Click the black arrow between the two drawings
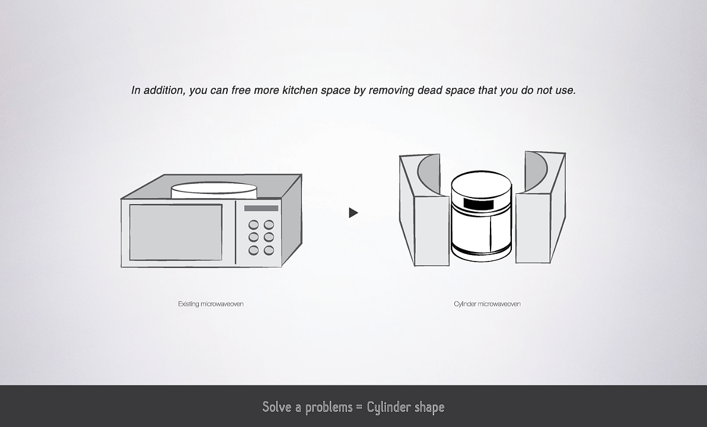point(353,212)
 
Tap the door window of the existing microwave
point(176,232)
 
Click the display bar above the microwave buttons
point(261,208)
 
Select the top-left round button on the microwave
point(254,225)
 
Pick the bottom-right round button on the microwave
point(269,250)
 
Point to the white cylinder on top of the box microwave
point(214,190)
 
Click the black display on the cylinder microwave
point(479,204)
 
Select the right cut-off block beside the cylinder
point(540,208)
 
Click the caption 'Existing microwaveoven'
point(211,304)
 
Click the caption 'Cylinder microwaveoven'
point(487,304)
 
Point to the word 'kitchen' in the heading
point(300,90)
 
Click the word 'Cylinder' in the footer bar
point(388,407)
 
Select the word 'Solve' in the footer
point(276,407)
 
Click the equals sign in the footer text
point(359,407)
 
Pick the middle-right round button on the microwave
point(269,237)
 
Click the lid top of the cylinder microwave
point(482,184)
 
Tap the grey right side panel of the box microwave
point(292,220)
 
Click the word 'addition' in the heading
point(164,90)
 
